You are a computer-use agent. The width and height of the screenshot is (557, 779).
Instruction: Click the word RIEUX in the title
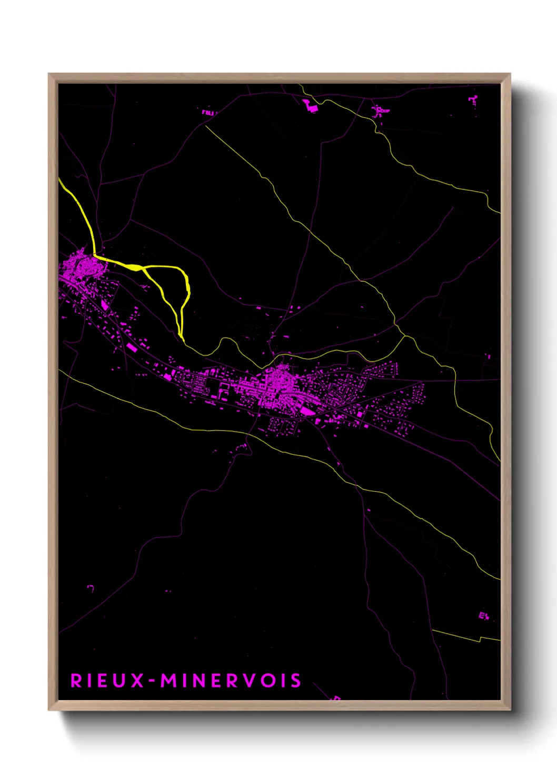click(107, 681)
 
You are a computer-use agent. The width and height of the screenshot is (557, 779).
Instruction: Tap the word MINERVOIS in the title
click(231, 681)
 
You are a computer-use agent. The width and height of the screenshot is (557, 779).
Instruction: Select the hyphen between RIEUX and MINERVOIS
click(152, 681)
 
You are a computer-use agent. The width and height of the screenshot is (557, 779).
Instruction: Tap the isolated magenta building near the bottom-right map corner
click(483, 615)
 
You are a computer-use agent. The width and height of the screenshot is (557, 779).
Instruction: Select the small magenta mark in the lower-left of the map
click(91, 587)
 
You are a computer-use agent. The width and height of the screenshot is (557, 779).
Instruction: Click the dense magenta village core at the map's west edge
click(83, 267)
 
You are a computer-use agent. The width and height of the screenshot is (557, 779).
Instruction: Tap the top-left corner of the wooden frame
click(49, 75)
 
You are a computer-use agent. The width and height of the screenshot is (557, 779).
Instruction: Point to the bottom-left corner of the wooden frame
click(49, 709)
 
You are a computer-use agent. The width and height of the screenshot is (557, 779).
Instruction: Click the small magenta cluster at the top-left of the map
click(208, 112)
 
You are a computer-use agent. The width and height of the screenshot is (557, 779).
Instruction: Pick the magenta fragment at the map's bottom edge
click(336, 698)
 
